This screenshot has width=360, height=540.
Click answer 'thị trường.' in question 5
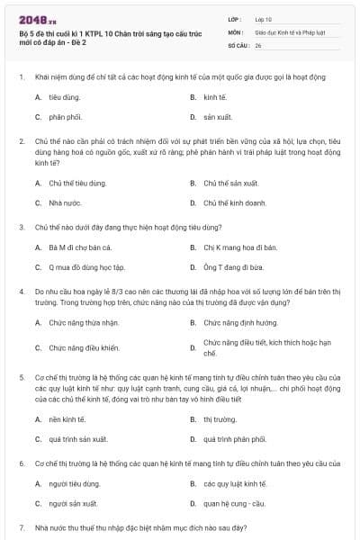coord(220,418)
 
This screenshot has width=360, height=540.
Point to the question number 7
coord(22,526)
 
